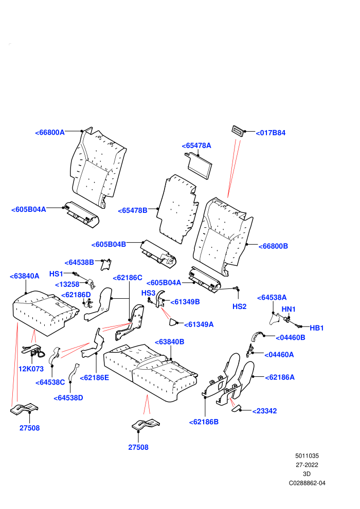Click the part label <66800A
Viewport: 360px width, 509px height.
[x=50, y=133]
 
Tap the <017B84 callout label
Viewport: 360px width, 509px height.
[x=271, y=133]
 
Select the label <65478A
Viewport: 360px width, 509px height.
[x=196, y=146]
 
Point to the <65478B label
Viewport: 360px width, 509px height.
[x=133, y=211]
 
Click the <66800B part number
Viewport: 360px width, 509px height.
[x=273, y=246]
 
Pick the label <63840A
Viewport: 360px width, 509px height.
[x=24, y=276]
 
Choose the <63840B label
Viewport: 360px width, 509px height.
[x=169, y=342]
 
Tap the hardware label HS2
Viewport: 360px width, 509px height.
[x=239, y=306]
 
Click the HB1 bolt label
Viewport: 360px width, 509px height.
[x=316, y=328]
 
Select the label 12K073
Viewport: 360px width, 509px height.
[x=31, y=369]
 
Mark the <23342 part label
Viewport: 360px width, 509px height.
[x=264, y=411]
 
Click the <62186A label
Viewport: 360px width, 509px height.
[x=279, y=377]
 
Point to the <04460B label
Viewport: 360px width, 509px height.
[x=290, y=338]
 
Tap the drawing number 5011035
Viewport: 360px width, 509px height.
[x=307, y=456]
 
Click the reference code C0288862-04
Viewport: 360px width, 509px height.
[x=307, y=483]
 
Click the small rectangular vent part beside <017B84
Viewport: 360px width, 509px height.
[x=238, y=131]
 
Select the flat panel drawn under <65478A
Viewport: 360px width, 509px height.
[x=199, y=166]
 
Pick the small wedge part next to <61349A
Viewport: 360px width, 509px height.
[x=172, y=322]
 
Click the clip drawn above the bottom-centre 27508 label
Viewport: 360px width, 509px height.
[x=146, y=424]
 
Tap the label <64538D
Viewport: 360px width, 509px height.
[x=68, y=398]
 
